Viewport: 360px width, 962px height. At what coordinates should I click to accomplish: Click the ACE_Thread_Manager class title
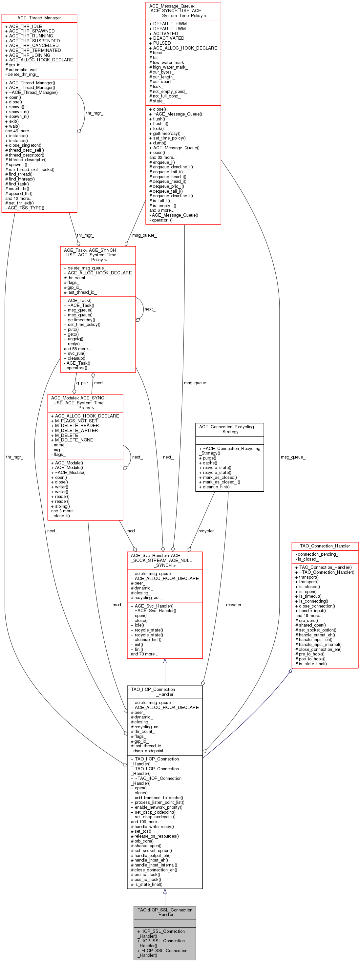(39, 18)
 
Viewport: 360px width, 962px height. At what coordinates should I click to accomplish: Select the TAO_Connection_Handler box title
(325, 545)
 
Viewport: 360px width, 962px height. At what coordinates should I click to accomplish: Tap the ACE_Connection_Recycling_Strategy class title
(229, 429)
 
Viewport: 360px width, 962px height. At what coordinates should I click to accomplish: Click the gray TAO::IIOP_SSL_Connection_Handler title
(165, 912)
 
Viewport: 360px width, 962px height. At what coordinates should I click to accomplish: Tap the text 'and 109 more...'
(146, 822)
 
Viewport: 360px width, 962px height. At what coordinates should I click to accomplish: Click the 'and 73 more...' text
(144, 654)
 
